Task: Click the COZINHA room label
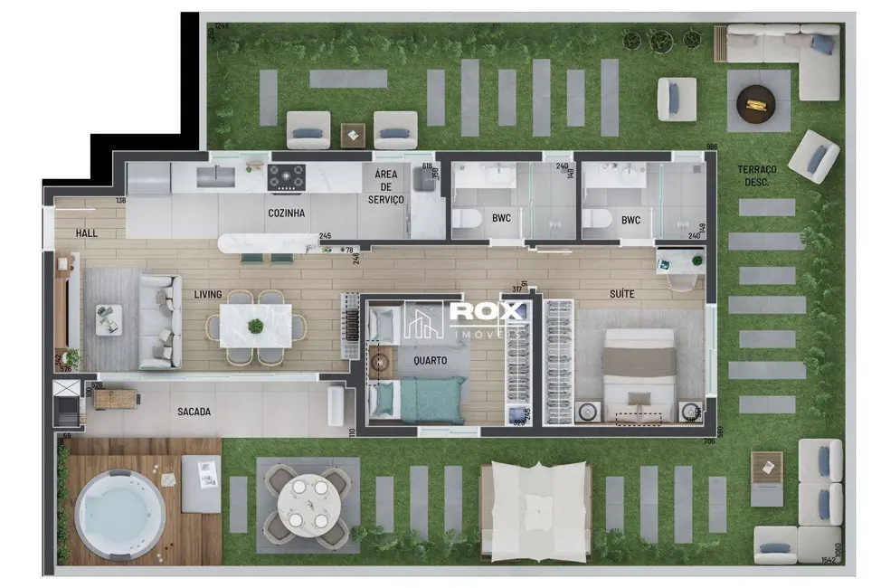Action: tap(286, 213)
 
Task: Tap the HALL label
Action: tap(87, 233)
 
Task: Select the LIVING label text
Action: tap(208, 295)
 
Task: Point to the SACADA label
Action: tap(194, 412)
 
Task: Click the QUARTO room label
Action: tap(429, 359)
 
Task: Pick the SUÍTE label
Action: tap(620, 295)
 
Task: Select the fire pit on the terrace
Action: tap(755, 102)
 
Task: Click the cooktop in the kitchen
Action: tap(286, 176)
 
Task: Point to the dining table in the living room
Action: tap(256, 326)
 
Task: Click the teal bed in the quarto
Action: tap(432, 400)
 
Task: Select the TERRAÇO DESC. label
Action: tap(758, 175)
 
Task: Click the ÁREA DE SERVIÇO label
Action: tap(386, 187)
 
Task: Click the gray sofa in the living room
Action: tap(157, 322)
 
